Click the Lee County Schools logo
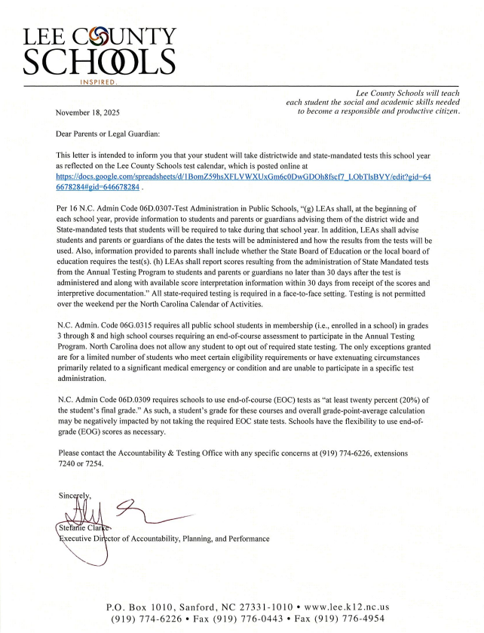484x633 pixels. coord(100,50)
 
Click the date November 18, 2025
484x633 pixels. coord(87,112)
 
